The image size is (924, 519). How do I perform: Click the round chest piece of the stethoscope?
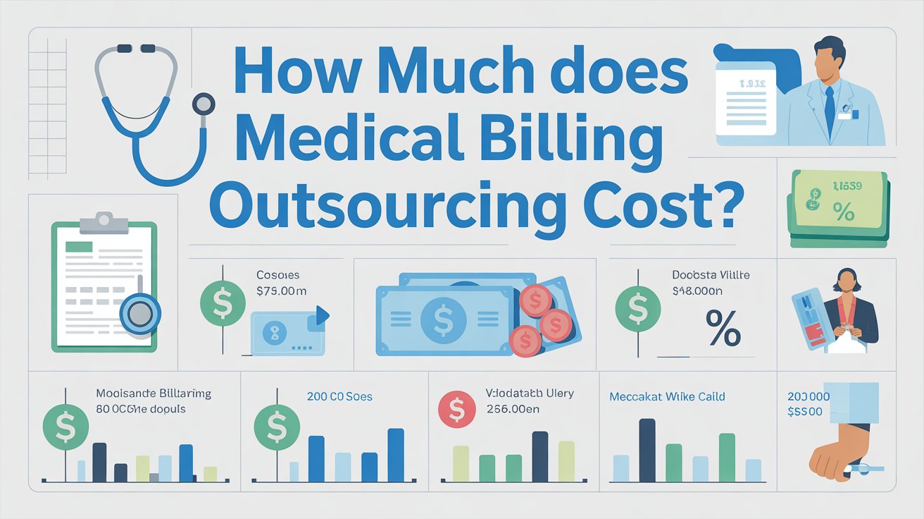(x=203, y=104)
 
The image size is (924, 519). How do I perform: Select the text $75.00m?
(x=282, y=291)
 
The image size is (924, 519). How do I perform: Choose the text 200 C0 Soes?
(x=339, y=397)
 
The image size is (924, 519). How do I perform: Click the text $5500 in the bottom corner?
(x=805, y=413)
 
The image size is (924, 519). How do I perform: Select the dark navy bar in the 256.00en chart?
(x=539, y=456)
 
